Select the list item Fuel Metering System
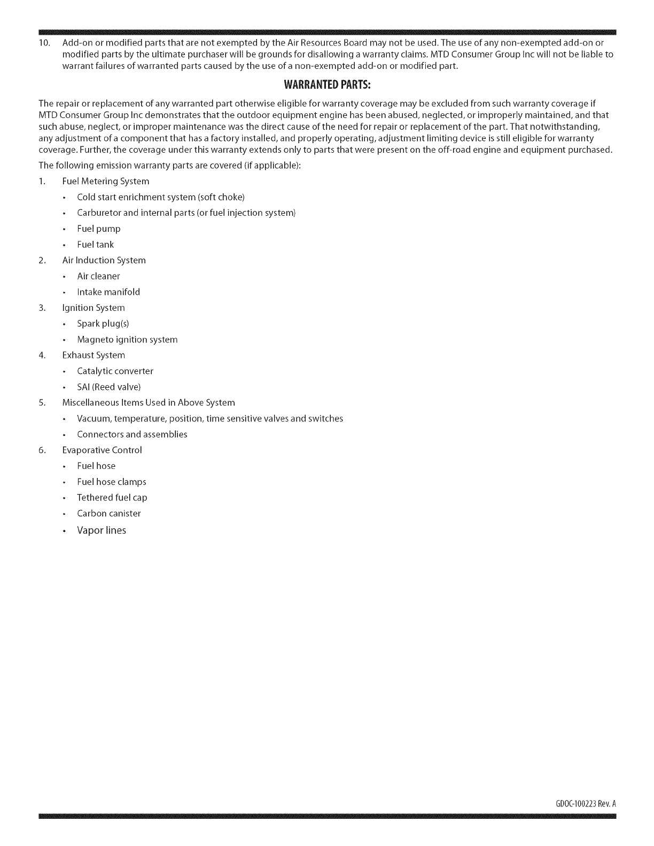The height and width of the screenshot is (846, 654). coord(106,181)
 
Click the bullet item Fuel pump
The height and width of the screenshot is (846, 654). coord(99,229)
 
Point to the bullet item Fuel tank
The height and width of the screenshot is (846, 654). coord(96,245)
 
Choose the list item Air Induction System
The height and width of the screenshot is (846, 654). coord(104,260)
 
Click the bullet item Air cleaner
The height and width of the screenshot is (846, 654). coord(98,276)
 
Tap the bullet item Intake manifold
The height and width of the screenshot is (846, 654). coord(108,292)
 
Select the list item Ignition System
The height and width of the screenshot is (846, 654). coord(94,308)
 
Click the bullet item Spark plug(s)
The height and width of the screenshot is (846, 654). coord(103,324)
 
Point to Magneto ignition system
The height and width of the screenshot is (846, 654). coord(127,340)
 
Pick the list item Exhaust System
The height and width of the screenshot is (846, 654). coord(94,355)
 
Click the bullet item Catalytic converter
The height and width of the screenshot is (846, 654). coord(115,371)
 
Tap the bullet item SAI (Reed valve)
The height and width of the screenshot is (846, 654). coord(109,387)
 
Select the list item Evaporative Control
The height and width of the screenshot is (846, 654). coord(102,450)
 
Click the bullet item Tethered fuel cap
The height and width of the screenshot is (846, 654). coord(112,498)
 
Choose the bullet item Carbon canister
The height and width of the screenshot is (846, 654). coord(109,513)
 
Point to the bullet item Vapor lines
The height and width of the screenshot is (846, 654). coord(102,530)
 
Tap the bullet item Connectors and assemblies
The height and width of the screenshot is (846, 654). coord(132,434)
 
